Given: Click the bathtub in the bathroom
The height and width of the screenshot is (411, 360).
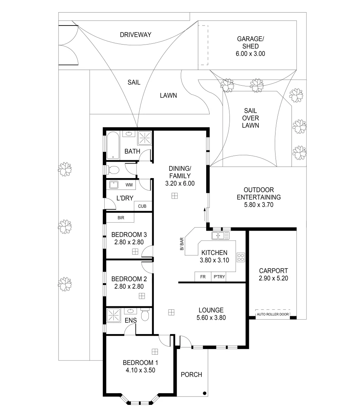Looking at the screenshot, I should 113,145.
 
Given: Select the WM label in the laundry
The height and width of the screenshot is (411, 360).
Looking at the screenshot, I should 129,185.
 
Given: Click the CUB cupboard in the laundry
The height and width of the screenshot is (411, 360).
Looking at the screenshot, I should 142,206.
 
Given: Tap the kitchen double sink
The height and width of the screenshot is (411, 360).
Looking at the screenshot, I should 221,236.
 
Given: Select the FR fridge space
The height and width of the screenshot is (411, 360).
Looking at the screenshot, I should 203,277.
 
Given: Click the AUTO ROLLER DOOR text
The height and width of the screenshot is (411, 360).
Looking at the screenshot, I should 272,314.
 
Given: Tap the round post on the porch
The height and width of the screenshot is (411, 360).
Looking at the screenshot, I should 205,393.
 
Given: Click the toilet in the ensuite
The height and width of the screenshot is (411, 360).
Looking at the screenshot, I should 144,315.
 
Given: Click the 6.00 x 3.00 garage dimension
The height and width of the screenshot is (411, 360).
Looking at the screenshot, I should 250,54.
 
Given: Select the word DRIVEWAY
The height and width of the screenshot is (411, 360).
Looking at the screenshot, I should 135,35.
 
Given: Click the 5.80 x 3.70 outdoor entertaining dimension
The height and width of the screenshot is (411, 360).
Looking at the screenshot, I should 259,204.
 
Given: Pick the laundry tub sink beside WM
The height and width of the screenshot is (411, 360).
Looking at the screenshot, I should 114,185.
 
